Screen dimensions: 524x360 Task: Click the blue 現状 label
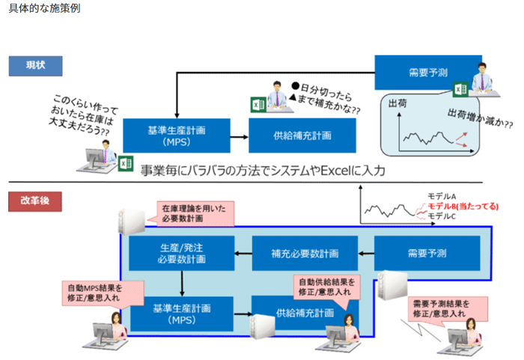coord(35,66)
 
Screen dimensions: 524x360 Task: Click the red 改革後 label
coord(35,201)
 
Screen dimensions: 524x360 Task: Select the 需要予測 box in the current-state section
coord(428,73)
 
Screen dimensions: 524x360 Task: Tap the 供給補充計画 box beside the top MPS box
coord(302,135)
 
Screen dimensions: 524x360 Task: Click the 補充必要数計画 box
coord(305,254)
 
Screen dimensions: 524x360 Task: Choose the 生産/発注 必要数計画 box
coord(182,254)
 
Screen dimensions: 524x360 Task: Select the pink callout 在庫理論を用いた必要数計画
coord(194,213)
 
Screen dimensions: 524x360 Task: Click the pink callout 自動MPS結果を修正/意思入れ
coord(103,293)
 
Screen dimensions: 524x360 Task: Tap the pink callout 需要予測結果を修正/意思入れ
coord(448,309)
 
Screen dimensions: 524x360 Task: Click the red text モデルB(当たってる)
coord(463,207)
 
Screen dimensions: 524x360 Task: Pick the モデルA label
coord(442,196)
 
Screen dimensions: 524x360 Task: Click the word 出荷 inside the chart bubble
coord(397,103)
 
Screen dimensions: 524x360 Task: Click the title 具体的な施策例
coord(44,8)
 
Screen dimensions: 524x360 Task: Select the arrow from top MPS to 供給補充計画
coord(240,137)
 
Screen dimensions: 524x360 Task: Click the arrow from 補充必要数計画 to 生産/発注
coord(243,254)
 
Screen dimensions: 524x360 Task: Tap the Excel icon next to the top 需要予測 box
coord(460,89)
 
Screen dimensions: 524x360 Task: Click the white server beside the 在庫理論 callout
coord(131,222)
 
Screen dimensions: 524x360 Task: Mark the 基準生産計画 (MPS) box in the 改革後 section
coord(182,314)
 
